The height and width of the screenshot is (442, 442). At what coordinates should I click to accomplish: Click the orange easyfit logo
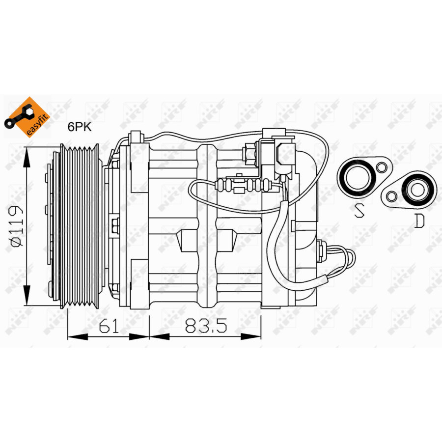tap(28, 117)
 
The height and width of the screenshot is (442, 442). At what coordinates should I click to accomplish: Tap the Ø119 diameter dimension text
tap(16, 225)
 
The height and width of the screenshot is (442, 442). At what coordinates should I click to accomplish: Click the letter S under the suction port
tap(359, 211)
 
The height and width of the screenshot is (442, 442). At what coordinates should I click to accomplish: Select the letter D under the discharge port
tap(418, 221)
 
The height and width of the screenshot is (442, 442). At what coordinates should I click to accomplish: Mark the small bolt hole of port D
tap(391, 196)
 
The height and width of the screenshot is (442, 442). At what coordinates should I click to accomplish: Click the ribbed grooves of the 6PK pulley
tap(79, 226)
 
